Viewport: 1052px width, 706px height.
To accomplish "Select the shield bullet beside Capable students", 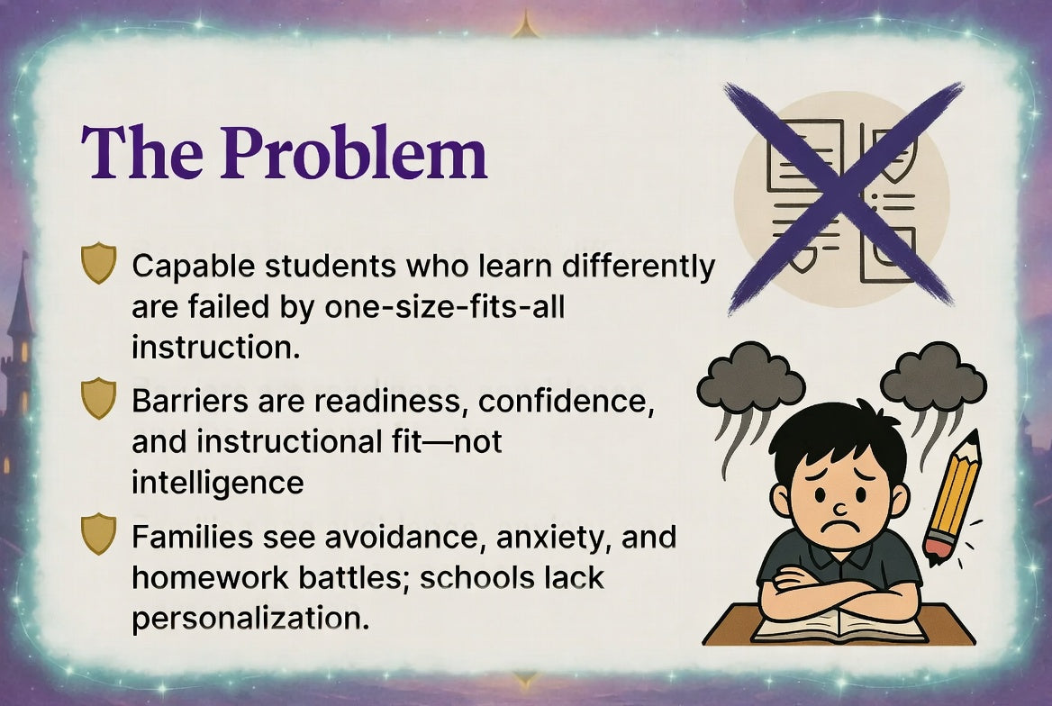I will [x=98, y=264].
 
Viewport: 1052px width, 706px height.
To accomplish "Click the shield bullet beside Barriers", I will [x=98, y=398].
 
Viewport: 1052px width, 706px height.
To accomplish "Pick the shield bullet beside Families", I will [x=98, y=533].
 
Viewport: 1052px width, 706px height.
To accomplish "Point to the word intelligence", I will [x=218, y=482].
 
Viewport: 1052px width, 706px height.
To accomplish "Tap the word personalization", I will [x=250, y=618].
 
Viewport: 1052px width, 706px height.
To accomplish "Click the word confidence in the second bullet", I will [x=566, y=401].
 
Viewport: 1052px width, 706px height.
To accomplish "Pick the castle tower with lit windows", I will [x=20, y=351].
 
